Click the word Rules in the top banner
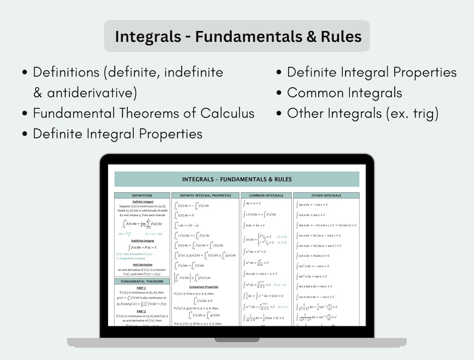(x=337, y=36)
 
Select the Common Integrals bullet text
(x=344, y=93)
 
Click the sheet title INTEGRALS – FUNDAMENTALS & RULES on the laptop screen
(x=237, y=179)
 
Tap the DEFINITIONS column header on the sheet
(x=141, y=195)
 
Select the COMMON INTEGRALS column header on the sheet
(x=266, y=195)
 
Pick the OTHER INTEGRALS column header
(x=326, y=195)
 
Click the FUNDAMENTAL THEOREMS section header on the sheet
(x=141, y=281)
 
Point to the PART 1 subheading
(x=141, y=288)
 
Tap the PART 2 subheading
(x=141, y=311)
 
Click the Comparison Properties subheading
(x=205, y=287)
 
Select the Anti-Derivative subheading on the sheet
(x=141, y=263)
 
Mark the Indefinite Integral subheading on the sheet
(x=141, y=240)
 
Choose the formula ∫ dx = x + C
(x=257, y=203)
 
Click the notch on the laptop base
(x=237, y=340)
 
